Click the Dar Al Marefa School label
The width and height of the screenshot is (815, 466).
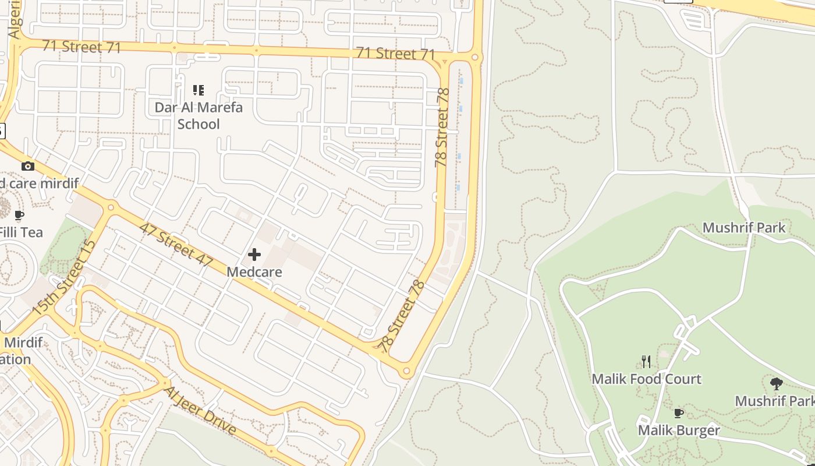coord(199,115)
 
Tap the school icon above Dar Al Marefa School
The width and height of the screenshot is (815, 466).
coord(199,90)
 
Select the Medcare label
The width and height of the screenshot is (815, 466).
coord(254,272)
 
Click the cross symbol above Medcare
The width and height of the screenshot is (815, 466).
coord(254,255)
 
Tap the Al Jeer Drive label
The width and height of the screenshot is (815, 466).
coord(200,411)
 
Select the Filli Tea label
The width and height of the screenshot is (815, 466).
coord(21,232)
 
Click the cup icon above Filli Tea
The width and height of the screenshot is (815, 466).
coord(19,216)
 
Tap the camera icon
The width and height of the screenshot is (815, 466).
coord(27,167)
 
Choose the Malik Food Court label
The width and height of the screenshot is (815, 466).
coord(646,379)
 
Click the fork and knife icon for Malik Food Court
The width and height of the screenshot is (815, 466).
coord(646,362)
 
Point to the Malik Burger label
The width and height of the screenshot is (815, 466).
coord(679,430)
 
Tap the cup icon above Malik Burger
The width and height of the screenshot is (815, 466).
coord(678,413)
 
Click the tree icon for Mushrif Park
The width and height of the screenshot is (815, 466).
coord(776,383)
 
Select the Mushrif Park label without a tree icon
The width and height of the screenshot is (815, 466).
coord(744,227)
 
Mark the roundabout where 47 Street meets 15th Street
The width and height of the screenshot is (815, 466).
coord(111,207)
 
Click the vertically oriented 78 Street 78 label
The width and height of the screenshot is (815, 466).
coord(442,127)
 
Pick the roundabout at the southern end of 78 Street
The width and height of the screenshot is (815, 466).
coord(406,370)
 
